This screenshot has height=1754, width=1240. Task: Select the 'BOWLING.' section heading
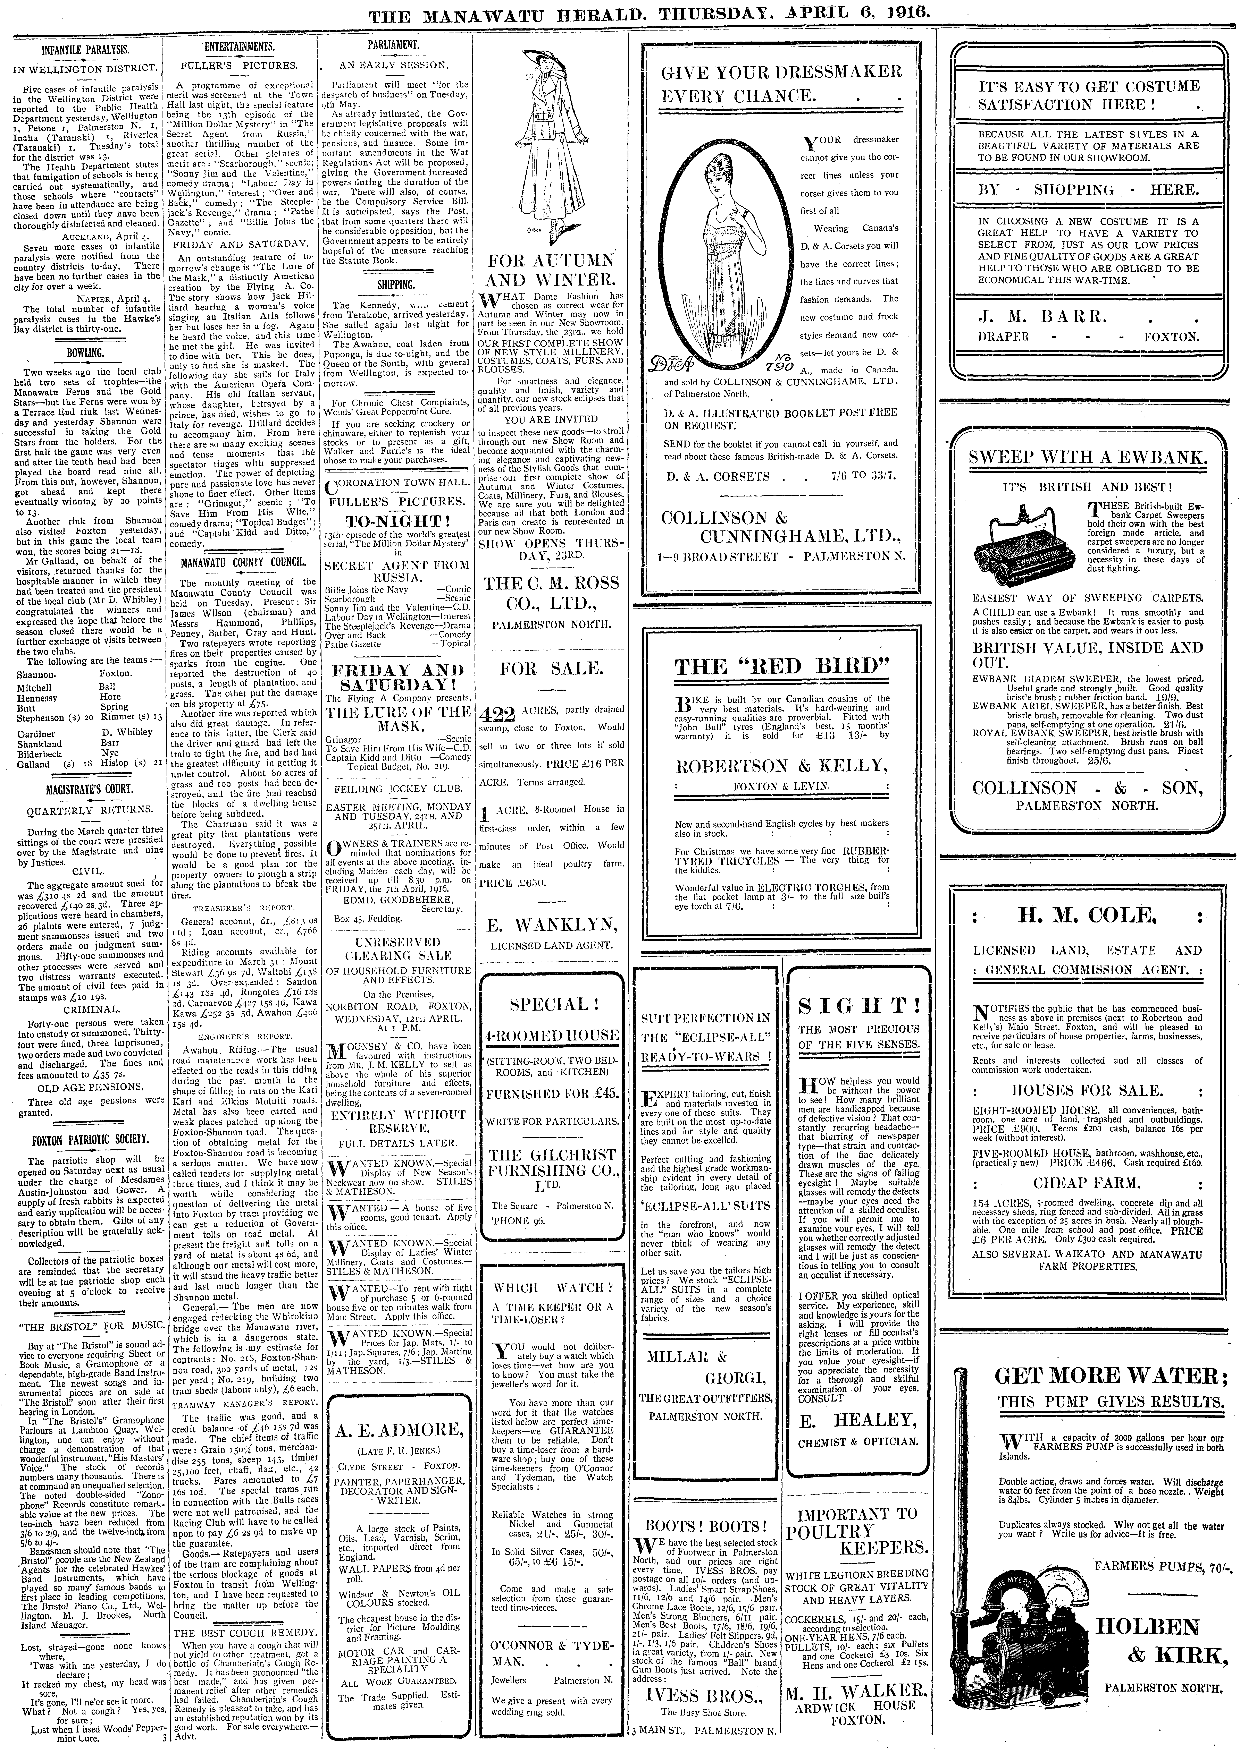click(x=85, y=354)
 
